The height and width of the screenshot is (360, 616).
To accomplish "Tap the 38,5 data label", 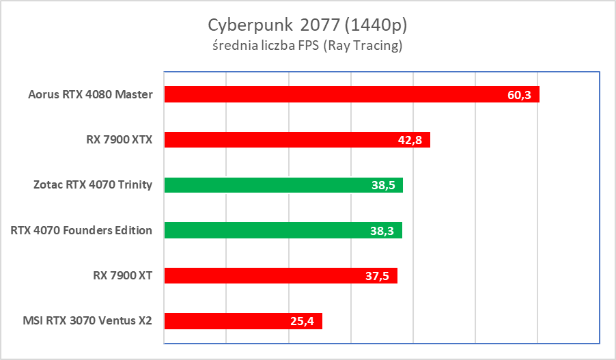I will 383,185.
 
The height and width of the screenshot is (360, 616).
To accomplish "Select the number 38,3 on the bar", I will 382,230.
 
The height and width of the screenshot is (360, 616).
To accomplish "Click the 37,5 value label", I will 378,275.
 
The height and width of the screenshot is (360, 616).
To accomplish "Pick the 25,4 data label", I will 302,320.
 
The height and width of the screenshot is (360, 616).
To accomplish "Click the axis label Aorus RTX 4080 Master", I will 91,94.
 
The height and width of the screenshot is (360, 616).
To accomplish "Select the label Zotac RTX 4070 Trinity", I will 92,185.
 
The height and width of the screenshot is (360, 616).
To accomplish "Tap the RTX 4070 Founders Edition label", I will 81,230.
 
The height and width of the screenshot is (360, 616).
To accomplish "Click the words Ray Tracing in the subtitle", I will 365,46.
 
